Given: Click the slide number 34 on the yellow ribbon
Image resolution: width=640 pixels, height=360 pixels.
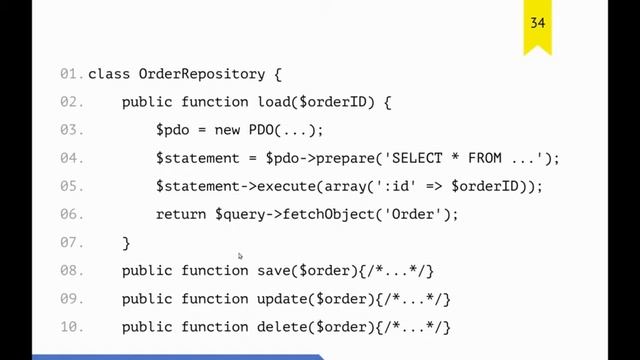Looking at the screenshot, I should [x=537, y=22].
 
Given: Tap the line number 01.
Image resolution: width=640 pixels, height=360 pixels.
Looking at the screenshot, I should [x=70, y=74].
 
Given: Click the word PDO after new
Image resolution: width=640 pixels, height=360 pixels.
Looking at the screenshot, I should [x=261, y=130].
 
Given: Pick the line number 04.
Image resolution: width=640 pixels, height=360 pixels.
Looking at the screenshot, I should [x=70, y=158].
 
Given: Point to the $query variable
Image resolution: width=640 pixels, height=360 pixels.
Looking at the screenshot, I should [x=239, y=214].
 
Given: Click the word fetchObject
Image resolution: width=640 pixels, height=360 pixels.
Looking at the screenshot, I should [x=328, y=214].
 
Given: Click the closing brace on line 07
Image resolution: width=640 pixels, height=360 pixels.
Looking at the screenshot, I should [x=126, y=243].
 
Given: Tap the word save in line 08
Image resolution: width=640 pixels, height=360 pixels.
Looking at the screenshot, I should [x=273, y=270].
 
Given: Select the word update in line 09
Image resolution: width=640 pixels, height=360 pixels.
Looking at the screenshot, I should [x=282, y=298].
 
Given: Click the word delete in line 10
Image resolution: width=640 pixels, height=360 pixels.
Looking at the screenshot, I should [x=282, y=326].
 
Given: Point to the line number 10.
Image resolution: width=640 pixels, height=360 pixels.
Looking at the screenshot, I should [x=70, y=326].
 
